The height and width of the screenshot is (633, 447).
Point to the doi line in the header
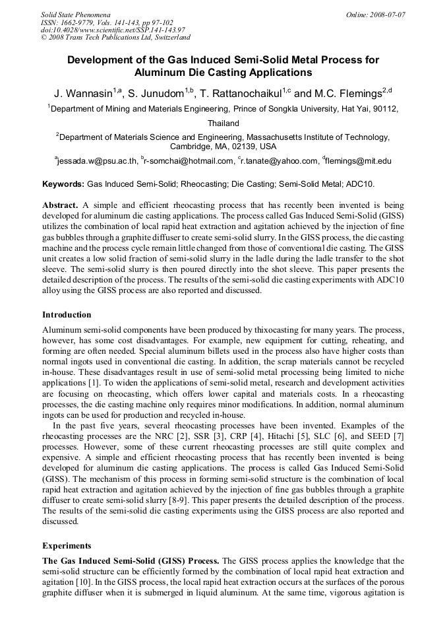click(113, 30)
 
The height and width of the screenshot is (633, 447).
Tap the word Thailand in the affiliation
click(223, 123)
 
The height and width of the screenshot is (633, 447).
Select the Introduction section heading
click(67, 315)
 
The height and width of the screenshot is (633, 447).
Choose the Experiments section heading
click(67, 546)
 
